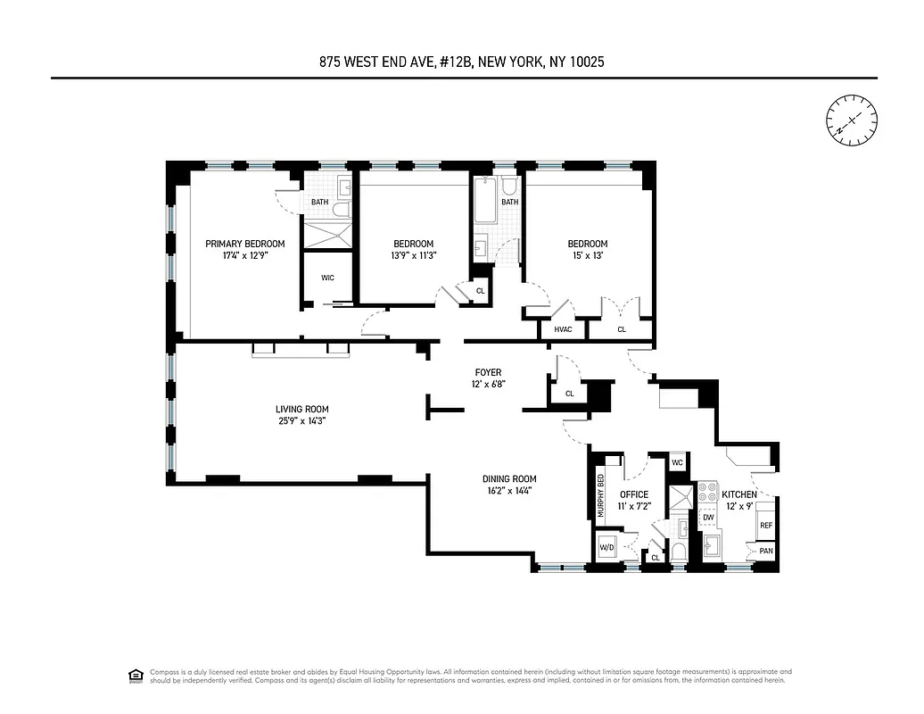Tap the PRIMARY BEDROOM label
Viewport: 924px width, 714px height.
(245, 244)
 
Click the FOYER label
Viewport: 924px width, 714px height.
(488, 372)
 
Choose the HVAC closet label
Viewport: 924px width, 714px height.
(563, 329)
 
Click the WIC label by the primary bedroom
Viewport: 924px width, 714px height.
(327, 278)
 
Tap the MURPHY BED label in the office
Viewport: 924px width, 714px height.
(601, 494)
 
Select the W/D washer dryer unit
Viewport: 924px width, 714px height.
(607, 547)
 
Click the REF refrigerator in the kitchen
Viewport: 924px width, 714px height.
(765, 526)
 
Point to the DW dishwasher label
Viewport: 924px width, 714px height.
(708, 517)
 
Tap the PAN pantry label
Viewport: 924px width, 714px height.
(766, 552)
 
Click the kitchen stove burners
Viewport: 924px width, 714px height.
(708, 492)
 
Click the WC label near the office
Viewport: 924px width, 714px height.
(677, 462)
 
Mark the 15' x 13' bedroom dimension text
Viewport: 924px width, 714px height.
(588, 255)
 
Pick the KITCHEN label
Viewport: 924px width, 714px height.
(739, 494)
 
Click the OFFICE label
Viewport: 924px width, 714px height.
(634, 494)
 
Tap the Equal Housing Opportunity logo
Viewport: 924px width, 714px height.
(136, 675)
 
